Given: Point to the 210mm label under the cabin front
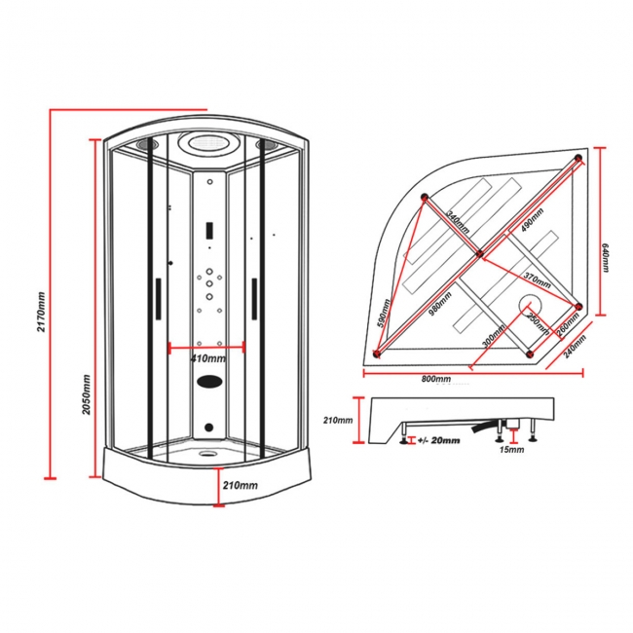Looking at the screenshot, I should pyautogui.click(x=241, y=485).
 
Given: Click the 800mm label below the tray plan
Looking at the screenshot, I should pyautogui.click(x=436, y=378).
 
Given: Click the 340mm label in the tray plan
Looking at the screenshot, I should pyautogui.click(x=456, y=221).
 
